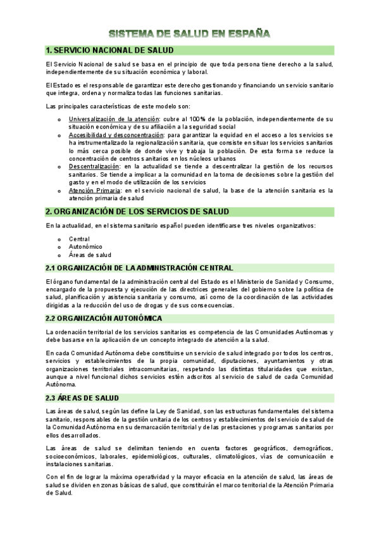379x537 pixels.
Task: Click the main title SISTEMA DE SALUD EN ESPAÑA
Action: tap(189, 33)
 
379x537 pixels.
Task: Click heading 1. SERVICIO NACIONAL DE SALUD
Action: tap(110, 50)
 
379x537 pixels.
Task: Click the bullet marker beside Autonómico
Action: tap(59, 247)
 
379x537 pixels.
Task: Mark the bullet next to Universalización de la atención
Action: tap(59, 120)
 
